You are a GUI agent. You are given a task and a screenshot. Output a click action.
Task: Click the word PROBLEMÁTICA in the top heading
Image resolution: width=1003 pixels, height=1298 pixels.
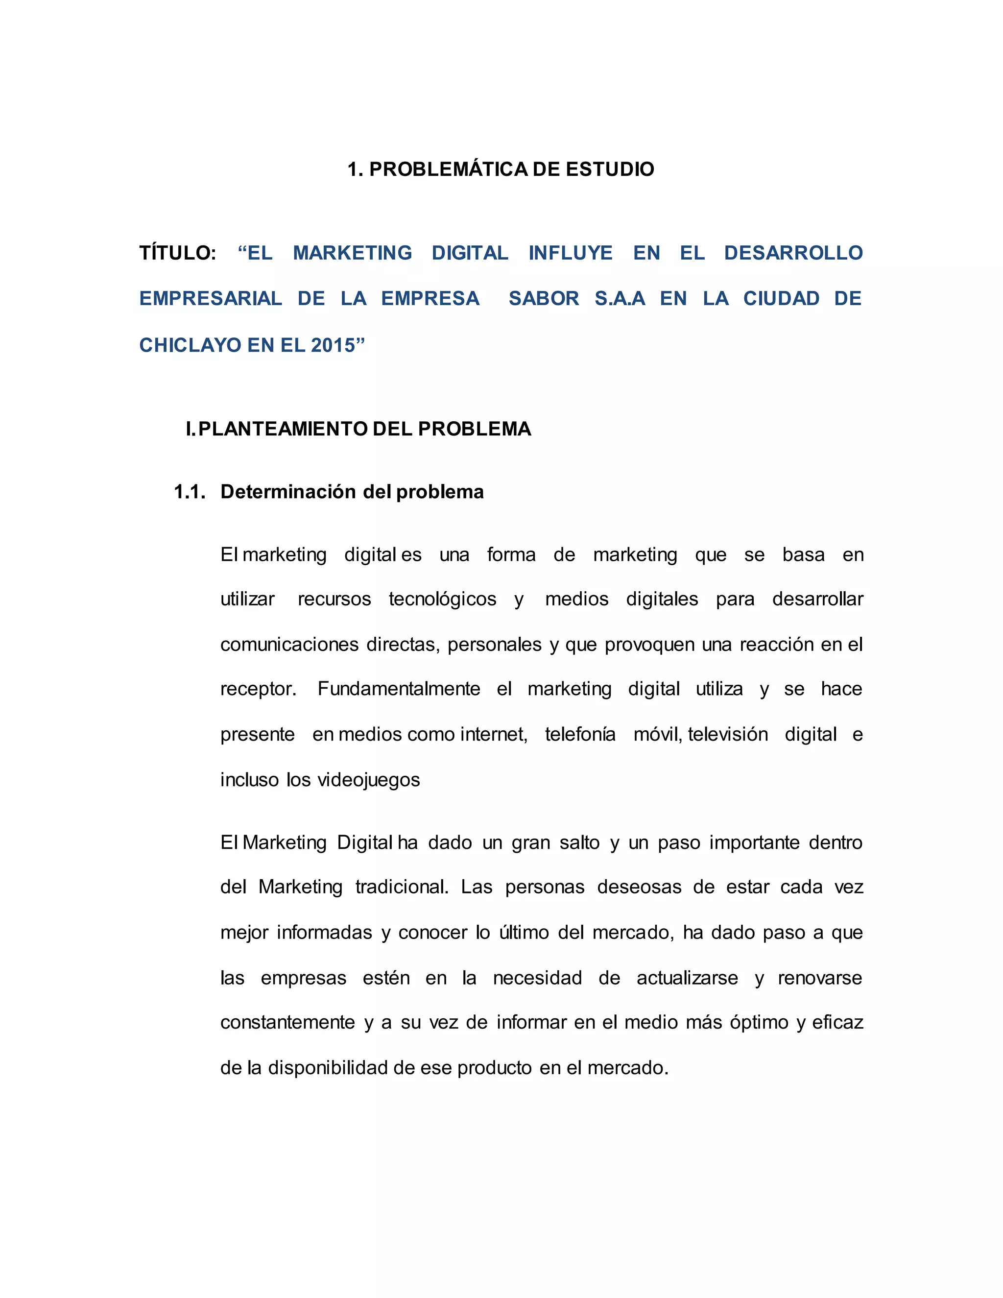pos(449,169)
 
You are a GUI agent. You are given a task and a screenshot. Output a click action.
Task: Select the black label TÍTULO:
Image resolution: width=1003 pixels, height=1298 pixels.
pos(178,253)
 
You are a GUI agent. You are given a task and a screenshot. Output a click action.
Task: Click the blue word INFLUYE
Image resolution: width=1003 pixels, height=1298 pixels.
pos(571,253)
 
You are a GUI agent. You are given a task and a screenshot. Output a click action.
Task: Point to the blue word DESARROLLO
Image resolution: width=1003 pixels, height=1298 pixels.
pos(793,253)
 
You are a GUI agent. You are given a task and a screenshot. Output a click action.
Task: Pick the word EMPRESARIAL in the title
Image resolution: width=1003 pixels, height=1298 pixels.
pos(211,298)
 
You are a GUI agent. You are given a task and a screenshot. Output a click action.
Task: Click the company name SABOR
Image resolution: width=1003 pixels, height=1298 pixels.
pos(544,298)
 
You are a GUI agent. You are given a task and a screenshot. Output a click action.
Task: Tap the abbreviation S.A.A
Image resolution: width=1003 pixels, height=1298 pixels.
pos(620,298)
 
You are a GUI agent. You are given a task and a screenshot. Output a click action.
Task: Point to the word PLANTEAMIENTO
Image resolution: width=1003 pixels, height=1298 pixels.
pos(284,429)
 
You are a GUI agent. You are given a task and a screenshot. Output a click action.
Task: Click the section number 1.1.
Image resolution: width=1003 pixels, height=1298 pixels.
pos(190,492)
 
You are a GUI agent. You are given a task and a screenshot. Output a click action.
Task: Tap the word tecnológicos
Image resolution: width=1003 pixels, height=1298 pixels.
pos(442,599)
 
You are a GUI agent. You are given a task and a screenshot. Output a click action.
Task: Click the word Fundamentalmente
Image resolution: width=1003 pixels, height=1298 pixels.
pos(399,689)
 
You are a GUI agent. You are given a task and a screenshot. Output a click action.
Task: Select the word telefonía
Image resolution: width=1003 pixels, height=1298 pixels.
pos(580,735)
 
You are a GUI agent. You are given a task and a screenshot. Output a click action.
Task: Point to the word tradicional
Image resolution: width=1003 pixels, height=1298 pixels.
pos(402,888)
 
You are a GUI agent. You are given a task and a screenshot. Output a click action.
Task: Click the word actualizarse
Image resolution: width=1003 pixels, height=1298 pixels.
pos(687,978)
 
